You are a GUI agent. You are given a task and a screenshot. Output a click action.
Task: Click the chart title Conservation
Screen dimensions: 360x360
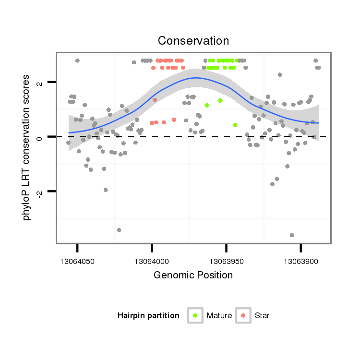[193, 40]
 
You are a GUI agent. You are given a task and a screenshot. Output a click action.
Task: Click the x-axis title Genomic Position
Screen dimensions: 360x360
[193, 276]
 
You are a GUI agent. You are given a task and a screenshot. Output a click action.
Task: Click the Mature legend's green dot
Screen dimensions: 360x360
[195, 315]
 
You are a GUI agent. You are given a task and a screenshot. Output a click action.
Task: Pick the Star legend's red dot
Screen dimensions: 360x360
[243, 315]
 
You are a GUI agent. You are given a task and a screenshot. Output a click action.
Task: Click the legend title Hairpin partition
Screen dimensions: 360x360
[148, 316]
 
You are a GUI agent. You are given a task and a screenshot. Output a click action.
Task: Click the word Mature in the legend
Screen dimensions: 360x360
[219, 316]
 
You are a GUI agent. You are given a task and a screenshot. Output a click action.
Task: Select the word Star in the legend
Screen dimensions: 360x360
[263, 316]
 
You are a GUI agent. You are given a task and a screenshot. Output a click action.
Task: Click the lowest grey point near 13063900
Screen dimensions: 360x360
[292, 235]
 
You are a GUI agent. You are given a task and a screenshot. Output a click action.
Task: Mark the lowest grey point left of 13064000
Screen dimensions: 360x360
[119, 230]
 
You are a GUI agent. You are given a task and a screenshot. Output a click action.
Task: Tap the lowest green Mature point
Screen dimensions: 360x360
[235, 125]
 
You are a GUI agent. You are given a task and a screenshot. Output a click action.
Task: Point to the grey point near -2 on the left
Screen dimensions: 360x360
[106, 190]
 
